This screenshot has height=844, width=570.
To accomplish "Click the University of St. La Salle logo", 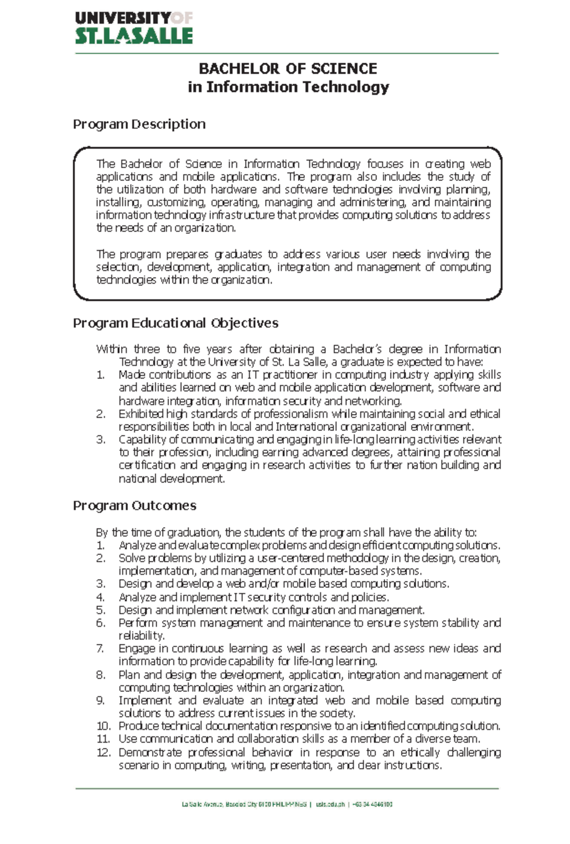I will coord(133,28).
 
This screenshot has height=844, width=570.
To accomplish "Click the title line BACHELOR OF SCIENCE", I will coord(287,69).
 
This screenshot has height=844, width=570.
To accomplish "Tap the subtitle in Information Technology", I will coord(288,87).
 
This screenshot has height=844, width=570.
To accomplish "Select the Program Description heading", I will coord(139,125).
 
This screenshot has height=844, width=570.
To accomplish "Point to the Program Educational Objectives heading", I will coord(175,323).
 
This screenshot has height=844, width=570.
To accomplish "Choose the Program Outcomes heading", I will coord(134,506).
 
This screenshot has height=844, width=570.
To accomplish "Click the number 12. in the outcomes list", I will coord(103,753).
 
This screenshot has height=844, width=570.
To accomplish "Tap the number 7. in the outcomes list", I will coord(100,649).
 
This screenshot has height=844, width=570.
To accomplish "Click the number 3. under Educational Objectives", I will coord(100,440).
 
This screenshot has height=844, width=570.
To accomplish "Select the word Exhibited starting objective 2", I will coord(141,414).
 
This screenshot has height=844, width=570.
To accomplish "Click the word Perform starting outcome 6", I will coord(137,623).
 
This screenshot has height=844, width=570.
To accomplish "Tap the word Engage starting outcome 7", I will coord(136,649).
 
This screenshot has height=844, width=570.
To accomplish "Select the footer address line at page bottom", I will coord(287,805).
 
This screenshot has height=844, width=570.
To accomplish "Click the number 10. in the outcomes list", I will coord(103,727).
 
